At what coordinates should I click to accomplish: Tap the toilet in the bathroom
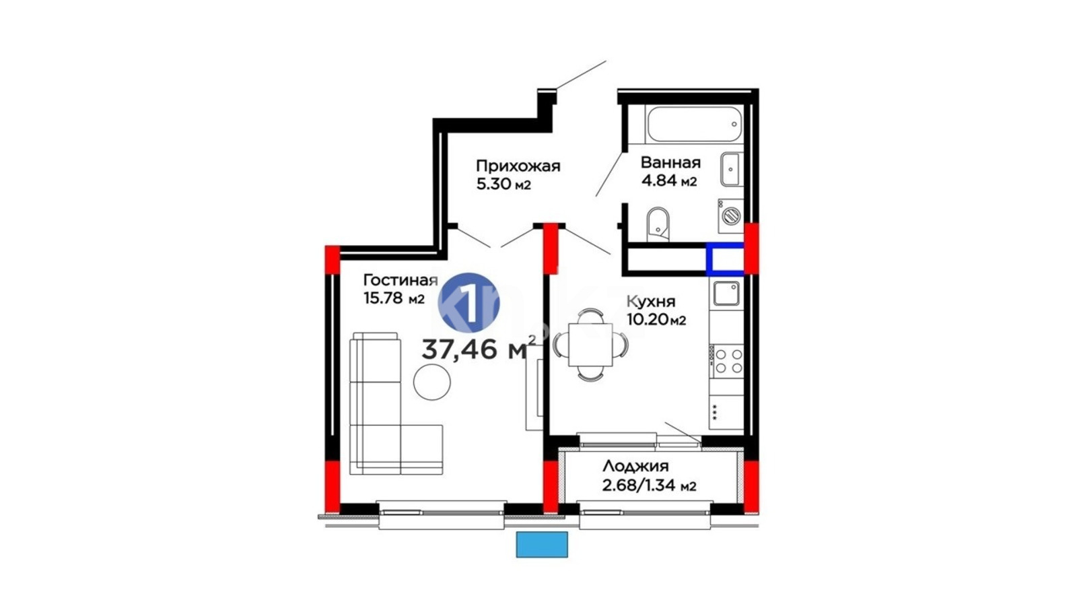(657, 225)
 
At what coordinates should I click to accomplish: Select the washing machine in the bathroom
(731, 216)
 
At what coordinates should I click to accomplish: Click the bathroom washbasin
(732, 169)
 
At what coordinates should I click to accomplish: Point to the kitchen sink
(726, 294)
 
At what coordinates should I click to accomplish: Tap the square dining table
(590, 345)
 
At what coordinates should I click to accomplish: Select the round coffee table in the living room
(431, 382)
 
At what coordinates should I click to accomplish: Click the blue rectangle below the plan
(542, 545)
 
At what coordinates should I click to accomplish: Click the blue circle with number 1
(468, 303)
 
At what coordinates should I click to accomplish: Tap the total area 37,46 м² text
(479, 348)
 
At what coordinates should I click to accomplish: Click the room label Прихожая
(518, 166)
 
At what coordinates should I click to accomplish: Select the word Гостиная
(401, 280)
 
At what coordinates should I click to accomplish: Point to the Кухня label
(651, 302)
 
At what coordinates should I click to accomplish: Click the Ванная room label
(670, 162)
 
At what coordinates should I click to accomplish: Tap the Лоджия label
(635, 466)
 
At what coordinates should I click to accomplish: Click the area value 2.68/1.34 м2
(649, 485)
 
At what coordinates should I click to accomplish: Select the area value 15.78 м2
(394, 298)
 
